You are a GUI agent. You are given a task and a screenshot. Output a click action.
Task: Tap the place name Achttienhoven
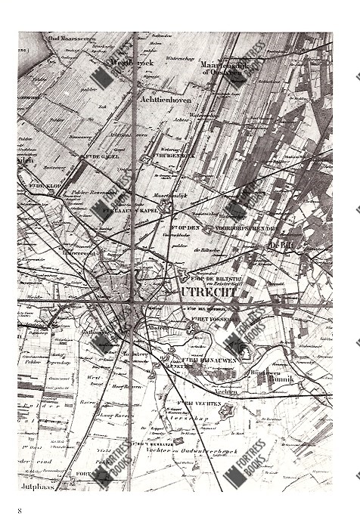point(166,99)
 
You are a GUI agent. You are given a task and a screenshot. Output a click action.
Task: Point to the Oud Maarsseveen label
point(67,38)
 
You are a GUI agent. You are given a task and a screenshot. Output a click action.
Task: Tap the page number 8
point(20,512)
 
